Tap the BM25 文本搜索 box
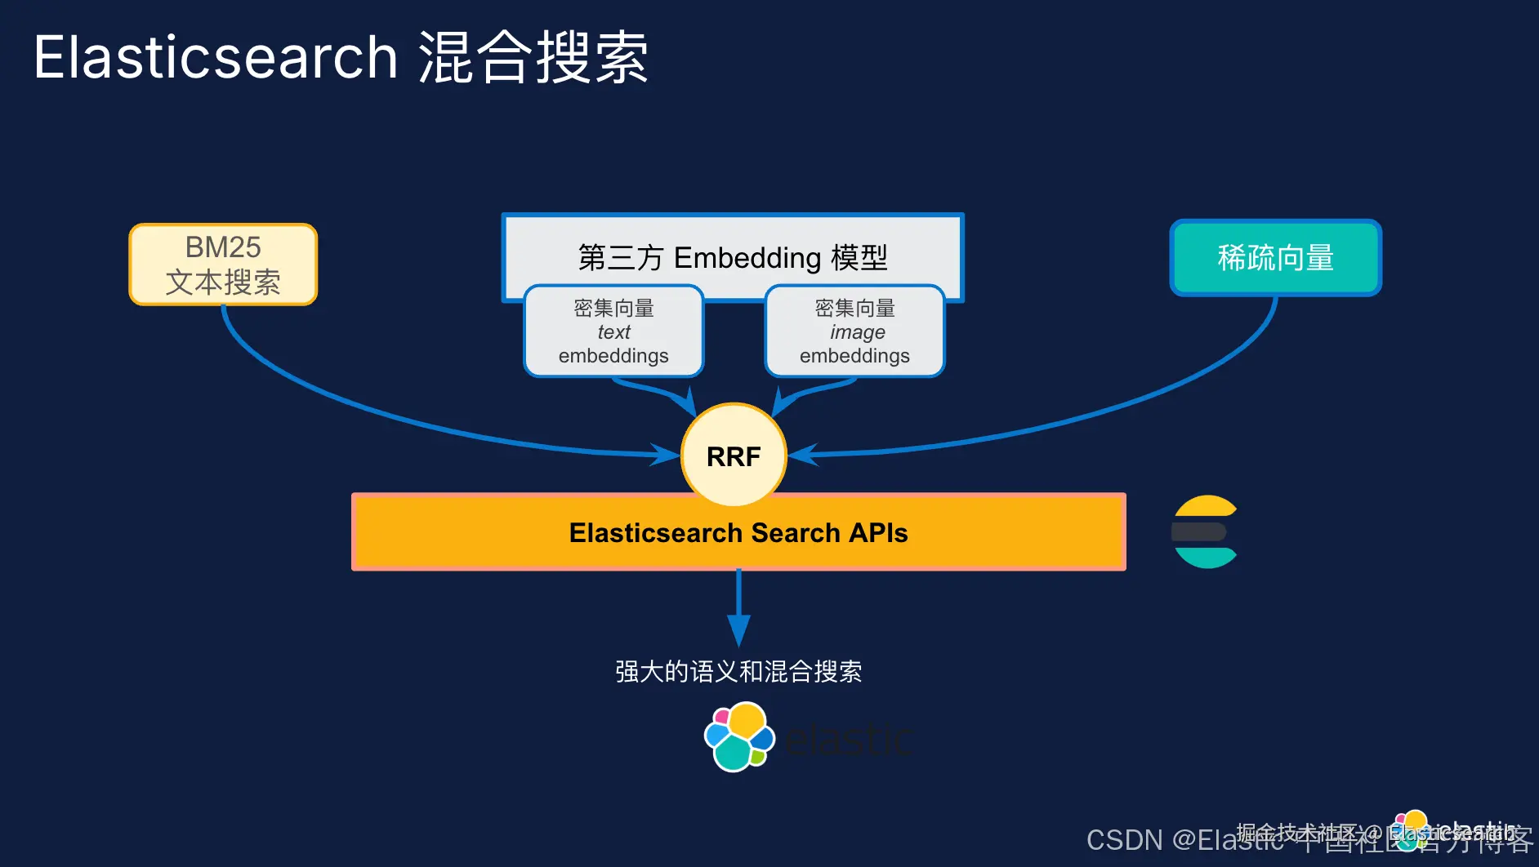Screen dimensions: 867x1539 tap(223, 265)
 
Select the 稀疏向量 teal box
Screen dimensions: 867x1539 tap(1275, 258)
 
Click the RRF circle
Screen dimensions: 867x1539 tap(734, 456)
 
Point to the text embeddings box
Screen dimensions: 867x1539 tap(613, 331)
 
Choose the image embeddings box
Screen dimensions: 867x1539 tap(854, 331)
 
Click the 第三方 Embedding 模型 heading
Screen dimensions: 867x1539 tap(733, 257)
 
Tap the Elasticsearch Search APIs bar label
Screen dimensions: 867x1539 tap(738, 532)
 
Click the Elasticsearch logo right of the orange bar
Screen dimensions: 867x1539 tap(1205, 531)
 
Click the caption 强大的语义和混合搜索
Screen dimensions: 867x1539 tap(738, 671)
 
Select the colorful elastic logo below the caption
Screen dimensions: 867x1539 tap(739, 737)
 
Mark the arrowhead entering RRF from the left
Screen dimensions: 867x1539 tap(665, 454)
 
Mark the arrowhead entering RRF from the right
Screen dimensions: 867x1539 tap(803, 454)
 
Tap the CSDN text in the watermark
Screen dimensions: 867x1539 tap(1124, 840)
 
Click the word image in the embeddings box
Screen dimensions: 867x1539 tap(858, 332)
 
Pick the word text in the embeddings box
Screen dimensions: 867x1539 tap(613, 332)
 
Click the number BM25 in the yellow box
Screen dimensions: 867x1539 tap(223, 247)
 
